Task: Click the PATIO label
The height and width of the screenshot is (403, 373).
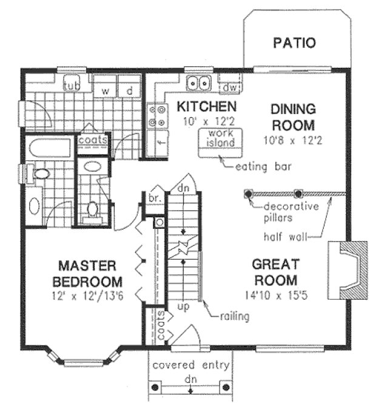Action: (294, 43)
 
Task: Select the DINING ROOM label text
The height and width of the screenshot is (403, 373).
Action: (293, 118)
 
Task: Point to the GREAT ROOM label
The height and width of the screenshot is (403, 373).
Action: (275, 272)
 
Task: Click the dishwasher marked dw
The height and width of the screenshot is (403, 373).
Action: (229, 87)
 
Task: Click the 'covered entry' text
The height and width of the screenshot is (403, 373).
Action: (190, 365)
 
